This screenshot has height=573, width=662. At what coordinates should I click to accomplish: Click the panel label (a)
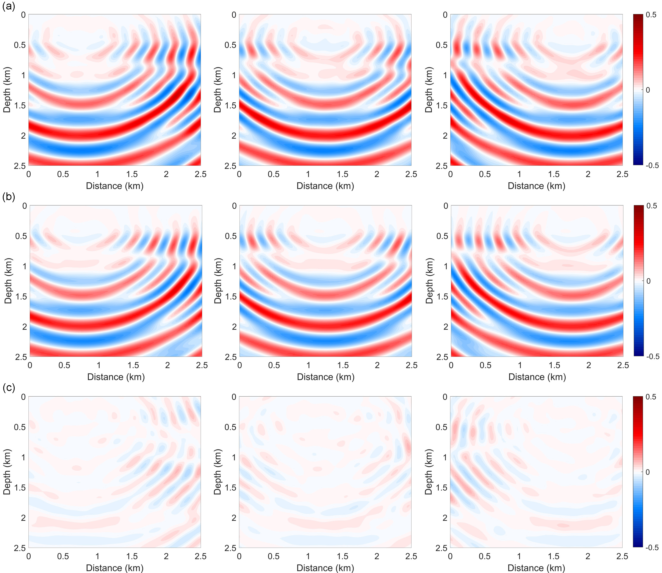point(9,7)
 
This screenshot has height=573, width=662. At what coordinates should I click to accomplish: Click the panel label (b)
point(9,197)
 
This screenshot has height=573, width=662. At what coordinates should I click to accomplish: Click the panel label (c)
point(9,388)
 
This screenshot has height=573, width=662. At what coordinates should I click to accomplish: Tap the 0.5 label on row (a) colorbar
point(651,15)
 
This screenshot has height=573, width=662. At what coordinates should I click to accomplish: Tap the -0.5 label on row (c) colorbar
point(651,547)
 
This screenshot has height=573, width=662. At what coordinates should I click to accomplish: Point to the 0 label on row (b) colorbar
point(648,281)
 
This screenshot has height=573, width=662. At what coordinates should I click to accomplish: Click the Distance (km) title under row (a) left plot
point(114,186)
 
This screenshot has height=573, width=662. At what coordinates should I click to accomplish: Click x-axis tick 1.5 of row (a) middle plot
point(342,174)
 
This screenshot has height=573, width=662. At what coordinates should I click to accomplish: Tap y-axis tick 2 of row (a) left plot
point(23,136)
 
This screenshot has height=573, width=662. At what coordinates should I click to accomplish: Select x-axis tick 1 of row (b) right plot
point(520,365)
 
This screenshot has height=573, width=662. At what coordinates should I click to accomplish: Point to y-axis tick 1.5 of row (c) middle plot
point(230,487)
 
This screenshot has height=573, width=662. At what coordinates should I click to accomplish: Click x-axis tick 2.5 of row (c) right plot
point(622,556)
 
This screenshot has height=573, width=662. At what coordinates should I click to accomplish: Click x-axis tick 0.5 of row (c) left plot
point(63,556)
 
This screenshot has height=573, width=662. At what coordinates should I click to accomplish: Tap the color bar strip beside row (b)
point(638,281)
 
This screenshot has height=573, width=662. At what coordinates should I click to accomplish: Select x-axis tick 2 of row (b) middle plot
point(377,365)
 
